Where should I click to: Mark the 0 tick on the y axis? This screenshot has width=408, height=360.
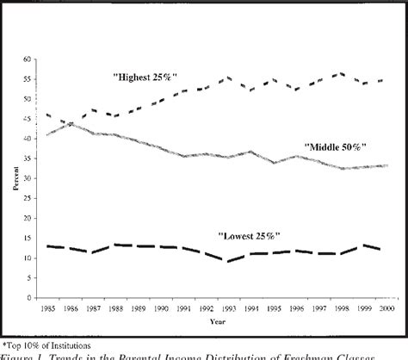(x=28, y=297)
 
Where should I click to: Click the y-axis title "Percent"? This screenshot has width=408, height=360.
(x=9, y=178)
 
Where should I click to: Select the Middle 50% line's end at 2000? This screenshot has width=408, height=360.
(x=386, y=165)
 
